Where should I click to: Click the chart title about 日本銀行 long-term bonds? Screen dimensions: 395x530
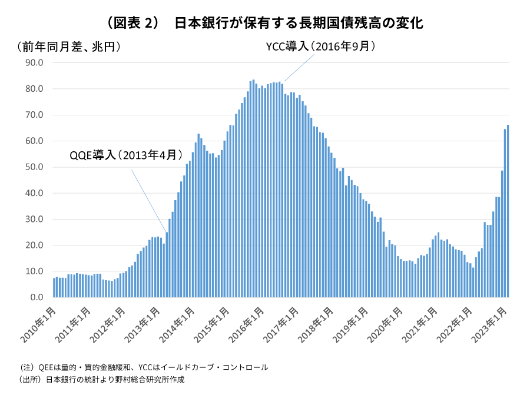(265, 23)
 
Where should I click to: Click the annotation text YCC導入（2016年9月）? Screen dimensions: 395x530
(321, 47)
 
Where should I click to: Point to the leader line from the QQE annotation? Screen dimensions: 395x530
(148, 201)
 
